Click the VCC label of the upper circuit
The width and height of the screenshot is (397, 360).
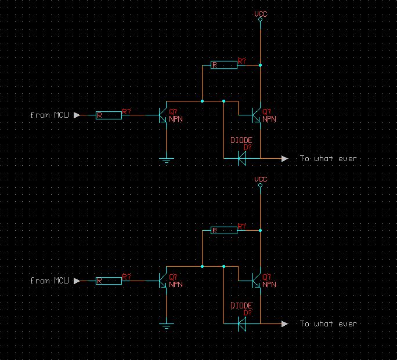tap(261, 14)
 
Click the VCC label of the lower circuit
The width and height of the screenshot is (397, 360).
tap(261, 179)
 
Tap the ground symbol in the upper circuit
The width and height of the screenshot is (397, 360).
tap(167, 161)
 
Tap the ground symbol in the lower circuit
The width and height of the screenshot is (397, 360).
tap(167, 326)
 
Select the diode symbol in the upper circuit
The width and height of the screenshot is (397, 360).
tap(242, 158)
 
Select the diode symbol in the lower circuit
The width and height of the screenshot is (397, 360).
tap(242, 324)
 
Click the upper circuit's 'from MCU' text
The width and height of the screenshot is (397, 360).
tap(49, 115)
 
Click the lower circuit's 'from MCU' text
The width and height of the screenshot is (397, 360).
tap(49, 281)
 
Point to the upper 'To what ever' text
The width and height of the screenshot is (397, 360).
tap(329, 158)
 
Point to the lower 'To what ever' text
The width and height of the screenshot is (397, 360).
tap(329, 324)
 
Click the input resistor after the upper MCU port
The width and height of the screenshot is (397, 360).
tap(109, 115)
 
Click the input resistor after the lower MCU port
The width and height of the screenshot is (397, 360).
tap(109, 281)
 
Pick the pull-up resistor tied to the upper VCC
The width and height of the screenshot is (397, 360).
tap(224, 66)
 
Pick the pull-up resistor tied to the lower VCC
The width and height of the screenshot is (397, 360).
tap(224, 231)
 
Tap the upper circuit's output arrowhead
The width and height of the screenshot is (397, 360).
tap(284, 158)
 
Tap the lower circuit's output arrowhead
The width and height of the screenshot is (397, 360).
tap(284, 324)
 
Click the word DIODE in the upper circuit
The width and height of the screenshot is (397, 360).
tap(241, 140)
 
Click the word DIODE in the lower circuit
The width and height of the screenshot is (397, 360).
tap(241, 306)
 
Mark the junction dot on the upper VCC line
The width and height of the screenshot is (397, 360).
tap(260, 66)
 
